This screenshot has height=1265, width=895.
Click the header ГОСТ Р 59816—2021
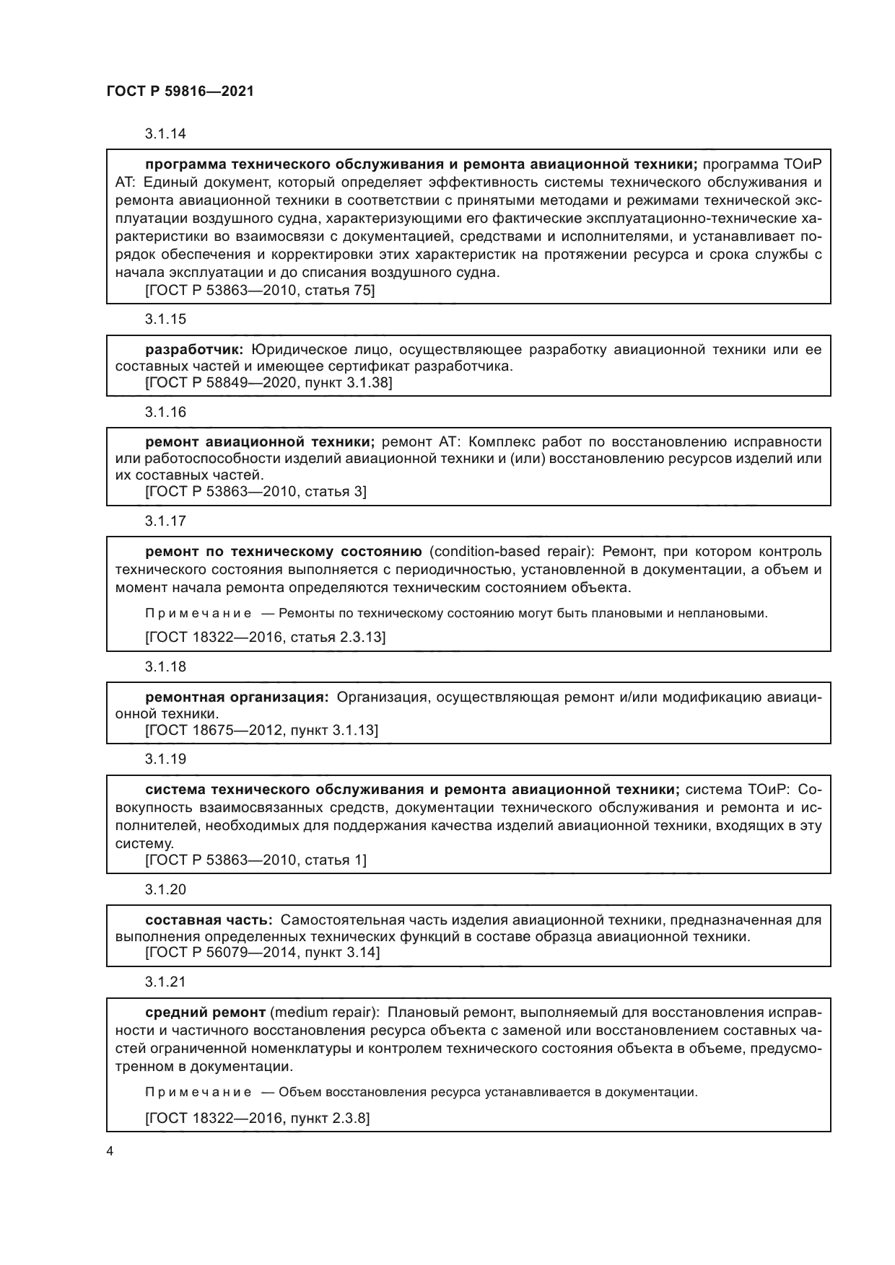pyautogui.click(x=180, y=92)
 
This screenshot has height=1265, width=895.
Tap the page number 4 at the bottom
pyautogui.click(x=110, y=1151)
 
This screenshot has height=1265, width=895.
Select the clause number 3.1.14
pyautogui.click(x=165, y=133)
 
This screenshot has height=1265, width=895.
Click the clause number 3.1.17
pyautogui.click(x=165, y=521)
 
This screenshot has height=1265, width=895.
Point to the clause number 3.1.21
pyautogui.click(x=165, y=982)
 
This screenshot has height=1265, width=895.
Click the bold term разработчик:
pyautogui.click(x=194, y=350)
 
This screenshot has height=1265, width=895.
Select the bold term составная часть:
pyautogui.click(x=209, y=920)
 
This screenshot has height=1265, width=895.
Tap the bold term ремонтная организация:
pyautogui.click(x=237, y=697)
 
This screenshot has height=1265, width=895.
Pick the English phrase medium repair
pyautogui.click(x=323, y=1012)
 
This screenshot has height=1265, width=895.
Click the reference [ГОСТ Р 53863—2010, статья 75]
pyautogui.click(x=260, y=291)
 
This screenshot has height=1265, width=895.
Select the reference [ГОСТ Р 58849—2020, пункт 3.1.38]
pyautogui.click(x=268, y=382)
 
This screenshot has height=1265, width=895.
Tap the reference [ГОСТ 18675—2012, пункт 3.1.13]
pyautogui.click(x=261, y=730)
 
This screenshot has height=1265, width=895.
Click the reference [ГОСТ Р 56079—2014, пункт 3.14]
pyautogui.click(x=262, y=953)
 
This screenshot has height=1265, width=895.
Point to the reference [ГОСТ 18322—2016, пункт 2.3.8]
pyautogui.click(x=258, y=1119)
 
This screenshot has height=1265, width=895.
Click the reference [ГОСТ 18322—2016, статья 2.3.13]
pyautogui.click(x=265, y=637)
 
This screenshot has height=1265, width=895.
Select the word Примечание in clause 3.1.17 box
pyautogui.click(x=198, y=614)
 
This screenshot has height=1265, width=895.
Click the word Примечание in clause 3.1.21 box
pyautogui.click(x=198, y=1092)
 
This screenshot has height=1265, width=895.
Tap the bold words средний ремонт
pyautogui.click(x=206, y=1012)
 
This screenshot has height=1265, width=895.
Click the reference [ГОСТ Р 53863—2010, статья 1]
pyautogui.click(x=256, y=860)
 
